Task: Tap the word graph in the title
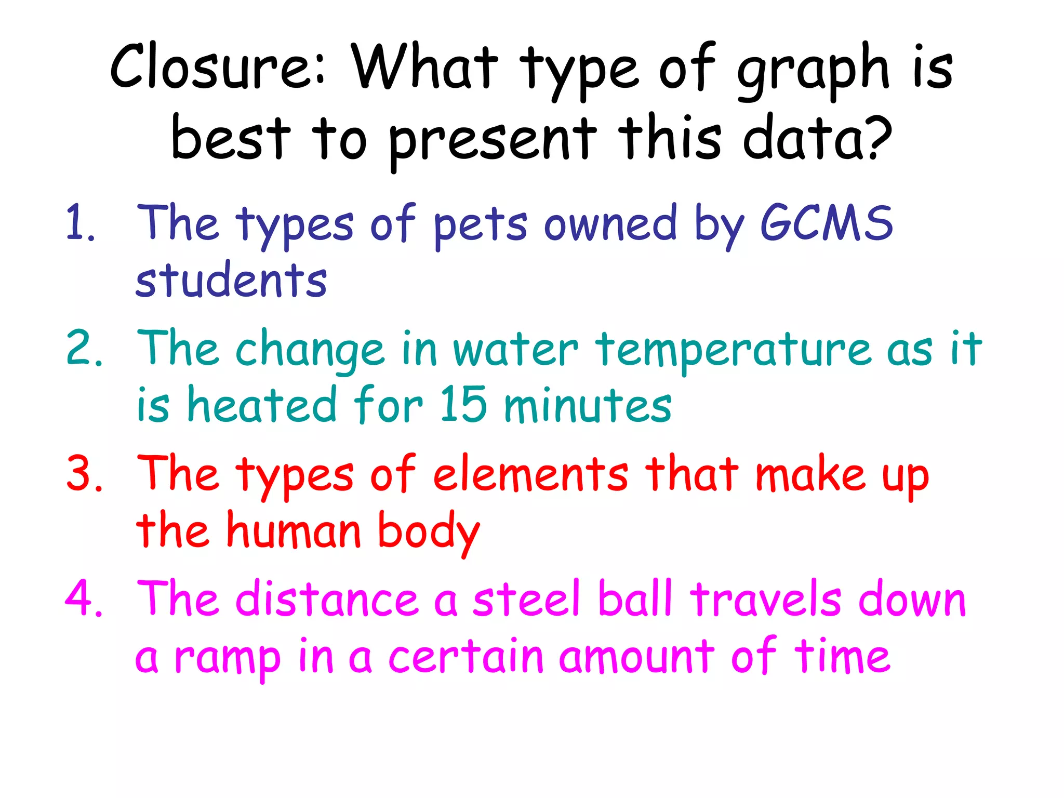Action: point(814,70)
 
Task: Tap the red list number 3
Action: point(83,474)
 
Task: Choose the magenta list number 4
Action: point(83,598)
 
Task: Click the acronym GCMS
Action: point(827,223)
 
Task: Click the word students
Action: point(231,281)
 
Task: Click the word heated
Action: point(262,405)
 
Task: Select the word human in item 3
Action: point(294,531)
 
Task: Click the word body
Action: point(429,533)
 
